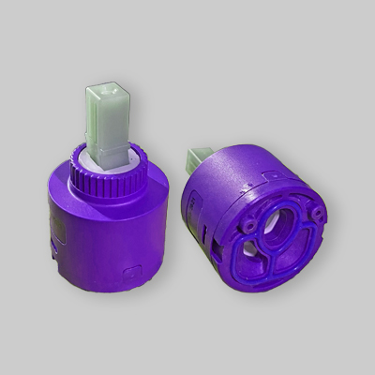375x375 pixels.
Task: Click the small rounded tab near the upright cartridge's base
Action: pos(133,272)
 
